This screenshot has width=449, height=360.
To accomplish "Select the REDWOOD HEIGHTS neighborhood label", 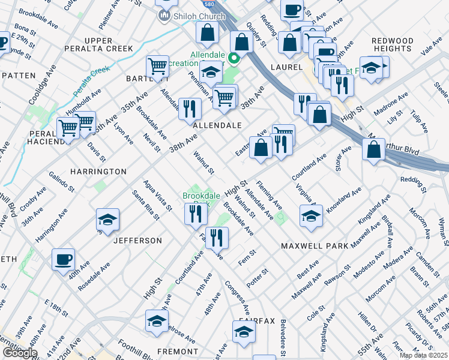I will coord(393,45).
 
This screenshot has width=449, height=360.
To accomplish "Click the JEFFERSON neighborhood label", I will coord(138,241).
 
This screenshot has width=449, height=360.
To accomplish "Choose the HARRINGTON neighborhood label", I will coord(98,172).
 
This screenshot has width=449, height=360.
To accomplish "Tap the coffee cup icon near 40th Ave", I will coord(63,260).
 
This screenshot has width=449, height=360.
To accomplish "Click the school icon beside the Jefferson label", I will coord(107,220).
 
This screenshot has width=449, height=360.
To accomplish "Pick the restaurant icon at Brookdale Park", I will coord(194,214).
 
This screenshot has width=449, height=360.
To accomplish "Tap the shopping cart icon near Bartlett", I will coord(157,67).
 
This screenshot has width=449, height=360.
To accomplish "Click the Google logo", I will coord(19,353).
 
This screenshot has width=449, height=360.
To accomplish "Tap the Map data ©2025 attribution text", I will coord(424,355).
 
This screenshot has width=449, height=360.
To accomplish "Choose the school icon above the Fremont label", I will coord(157,321).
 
